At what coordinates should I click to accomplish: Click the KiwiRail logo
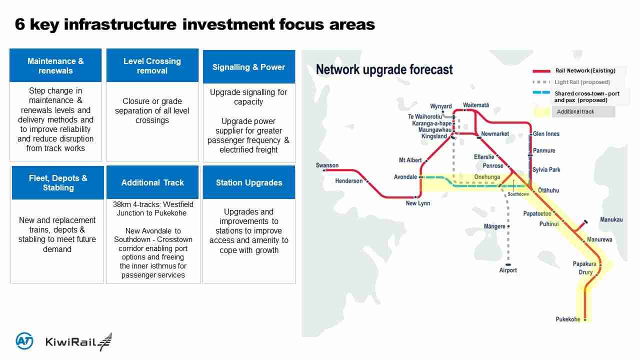(x=78, y=342)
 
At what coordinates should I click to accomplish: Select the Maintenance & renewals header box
(x=55, y=66)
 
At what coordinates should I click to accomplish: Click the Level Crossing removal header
(x=152, y=66)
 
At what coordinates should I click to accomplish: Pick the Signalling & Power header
(x=248, y=67)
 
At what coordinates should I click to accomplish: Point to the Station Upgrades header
(x=248, y=183)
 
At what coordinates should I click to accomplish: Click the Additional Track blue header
(x=152, y=183)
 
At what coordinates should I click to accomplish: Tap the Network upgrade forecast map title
(x=384, y=69)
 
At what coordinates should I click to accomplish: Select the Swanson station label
(x=327, y=165)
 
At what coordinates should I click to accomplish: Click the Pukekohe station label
(x=568, y=319)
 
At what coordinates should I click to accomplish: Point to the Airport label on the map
(x=508, y=270)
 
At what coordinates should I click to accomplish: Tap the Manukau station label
(x=611, y=220)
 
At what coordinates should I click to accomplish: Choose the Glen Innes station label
(x=546, y=134)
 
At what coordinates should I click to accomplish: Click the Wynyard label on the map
(x=440, y=106)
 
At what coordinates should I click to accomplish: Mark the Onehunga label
(x=486, y=177)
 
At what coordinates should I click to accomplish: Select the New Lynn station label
(x=417, y=203)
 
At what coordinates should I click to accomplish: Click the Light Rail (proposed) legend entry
(x=582, y=82)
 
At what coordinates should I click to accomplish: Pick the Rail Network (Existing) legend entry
(x=585, y=71)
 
